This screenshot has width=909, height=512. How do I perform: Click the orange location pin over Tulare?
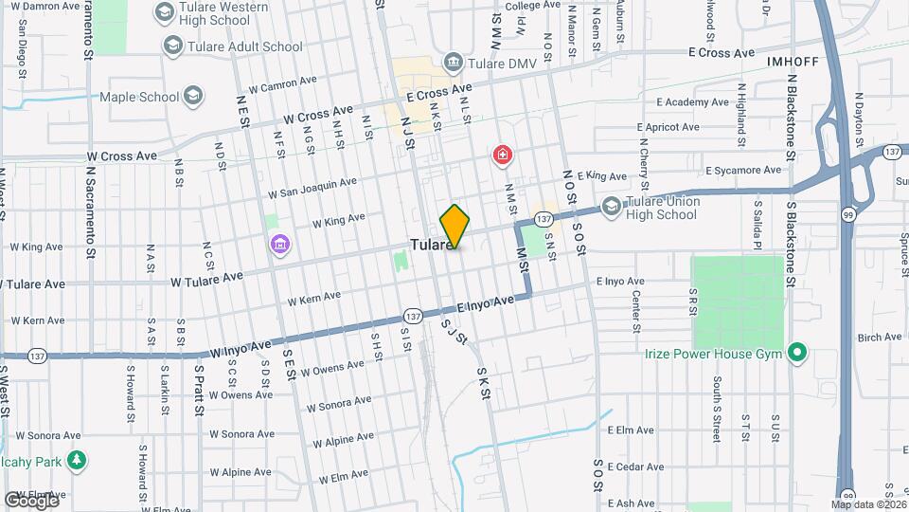pyautogui.click(x=454, y=226)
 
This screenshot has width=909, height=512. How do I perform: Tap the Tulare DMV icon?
pyautogui.click(x=453, y=63)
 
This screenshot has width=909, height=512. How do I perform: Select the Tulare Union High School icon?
pyautogui.click(x=612, y=206)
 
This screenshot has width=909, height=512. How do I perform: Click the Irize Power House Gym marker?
pyautogui.click(x=797, y=354)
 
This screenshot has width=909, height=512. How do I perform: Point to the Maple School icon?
pyautogui.click(x=193, y=96)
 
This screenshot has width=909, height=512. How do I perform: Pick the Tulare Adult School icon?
pyautogui.click(x=172, y=45)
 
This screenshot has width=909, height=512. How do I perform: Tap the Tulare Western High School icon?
pyautogui.click(x=164, y=12)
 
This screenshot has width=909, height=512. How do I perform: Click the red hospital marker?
pyautogui.click(x=501, y=155)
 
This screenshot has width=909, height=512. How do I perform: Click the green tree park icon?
pyautogui.click(x=76, y=461)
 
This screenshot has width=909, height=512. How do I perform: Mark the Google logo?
pyautogui.click(x=30, y=500)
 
